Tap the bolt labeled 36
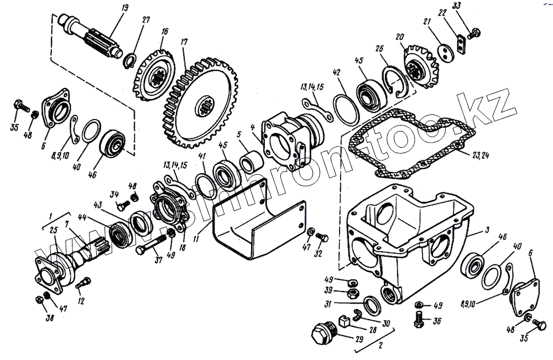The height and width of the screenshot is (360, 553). click(x=420, y=318)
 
